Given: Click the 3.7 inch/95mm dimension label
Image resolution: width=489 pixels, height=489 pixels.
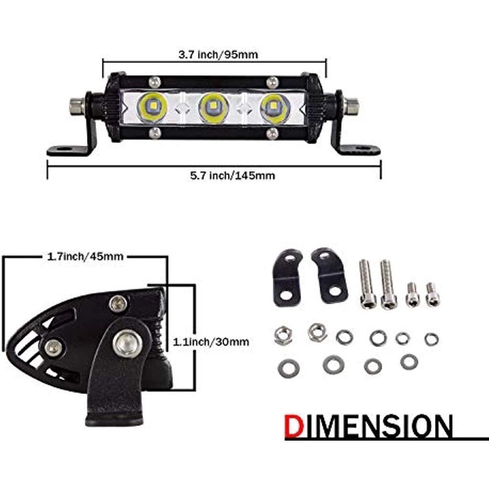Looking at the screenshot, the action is click(218, 54).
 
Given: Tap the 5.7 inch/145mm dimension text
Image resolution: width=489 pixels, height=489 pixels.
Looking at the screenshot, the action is click(233, 176).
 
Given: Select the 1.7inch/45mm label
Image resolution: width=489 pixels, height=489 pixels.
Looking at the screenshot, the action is click(85, 256).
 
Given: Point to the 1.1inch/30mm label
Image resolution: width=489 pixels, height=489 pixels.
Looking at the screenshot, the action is click(211, 342).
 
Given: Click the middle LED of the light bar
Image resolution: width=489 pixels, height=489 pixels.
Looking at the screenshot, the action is click(213, 107).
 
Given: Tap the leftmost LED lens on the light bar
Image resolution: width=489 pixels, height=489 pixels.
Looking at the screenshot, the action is click(152, 107).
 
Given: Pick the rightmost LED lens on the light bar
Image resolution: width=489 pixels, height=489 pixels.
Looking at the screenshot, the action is click(275, 107).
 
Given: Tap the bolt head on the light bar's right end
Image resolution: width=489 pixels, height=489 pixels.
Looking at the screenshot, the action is click(351, 106).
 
